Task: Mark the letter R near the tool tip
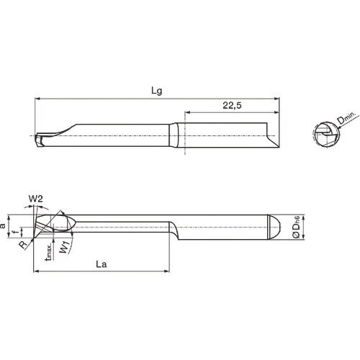click(x=24, y=244)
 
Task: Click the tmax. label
click(x=48, y=253)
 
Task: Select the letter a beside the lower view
click(x=5, y=225)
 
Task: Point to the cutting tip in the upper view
click(x=41, y=135)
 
